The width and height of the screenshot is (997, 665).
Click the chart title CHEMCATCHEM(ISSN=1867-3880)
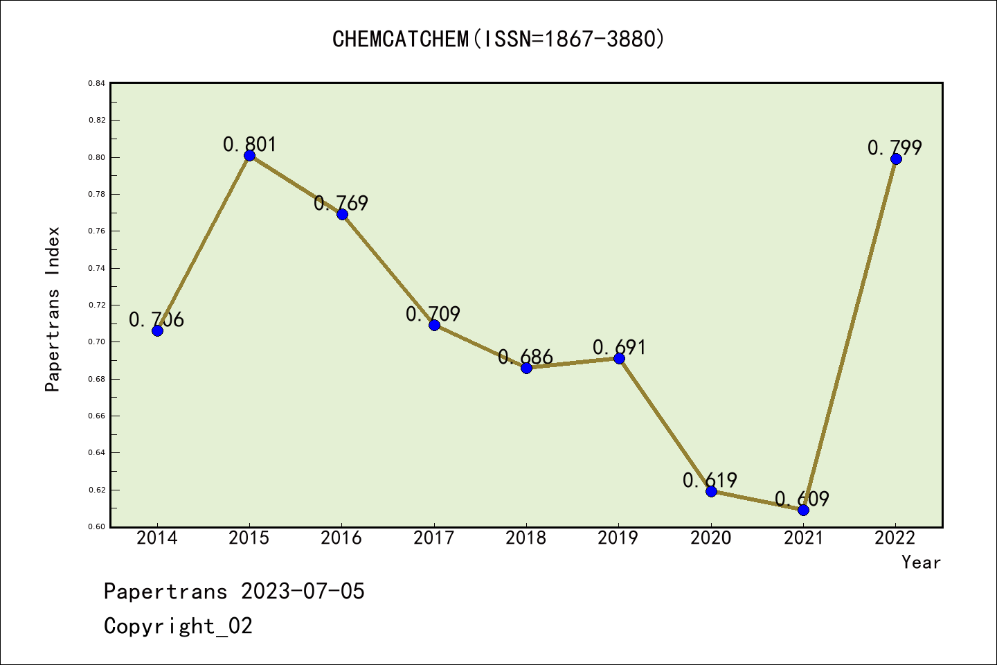pyautogui.click(x=498, y=39)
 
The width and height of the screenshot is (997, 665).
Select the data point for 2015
pyautogui.click(x=249, y=155)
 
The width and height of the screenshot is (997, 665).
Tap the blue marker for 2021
pyautogui.click(x=803, y=510)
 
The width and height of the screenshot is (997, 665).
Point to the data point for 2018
pyautogui.click(x=526, y=368)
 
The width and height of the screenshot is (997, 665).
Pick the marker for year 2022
pyautogui.click(x=896, y=159)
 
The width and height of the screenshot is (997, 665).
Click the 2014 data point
pyautogui.click(x=157, y=330)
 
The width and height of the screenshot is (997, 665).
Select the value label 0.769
pyautogui.click(x=341, y=203)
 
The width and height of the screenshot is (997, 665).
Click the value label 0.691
pyautogui.click(x=619, y=347)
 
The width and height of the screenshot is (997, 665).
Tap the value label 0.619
pyautogui.click(x=710, y=480)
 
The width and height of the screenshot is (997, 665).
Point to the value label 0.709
pyautogui.click(x=433, y=314)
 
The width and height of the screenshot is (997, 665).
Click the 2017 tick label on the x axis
pyautogui.click(x=433, y=538)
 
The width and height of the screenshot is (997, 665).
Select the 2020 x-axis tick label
pyautogui.click(x=710, y=538)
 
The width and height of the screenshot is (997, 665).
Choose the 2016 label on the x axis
pyautogui.click(x=341, y=538)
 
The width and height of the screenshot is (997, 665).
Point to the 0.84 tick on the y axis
pyautogui.click(x=97, y=83)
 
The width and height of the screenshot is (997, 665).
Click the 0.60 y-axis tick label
pyautogui.click(x=97, y=526)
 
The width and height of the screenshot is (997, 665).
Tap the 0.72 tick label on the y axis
pyautogui.click(x=97, y=305)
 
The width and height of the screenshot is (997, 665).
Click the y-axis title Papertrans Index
pyautogui.click(x=53, y=309)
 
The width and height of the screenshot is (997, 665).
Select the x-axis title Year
pyautogui.click(x=921, y=562)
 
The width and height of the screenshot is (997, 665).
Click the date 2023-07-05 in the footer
pyautogui.click(x=303, y=591)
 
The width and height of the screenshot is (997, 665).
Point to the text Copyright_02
pyautogui.click(x=178, y=626)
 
